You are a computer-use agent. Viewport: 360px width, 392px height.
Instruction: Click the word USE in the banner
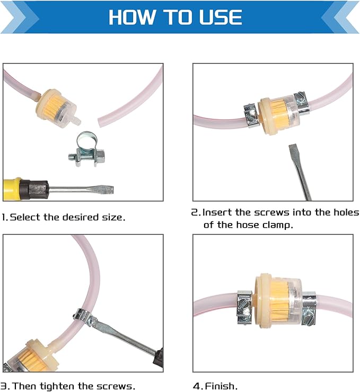(218, 17)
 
